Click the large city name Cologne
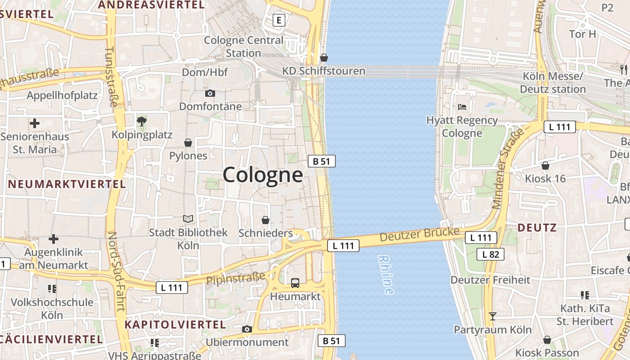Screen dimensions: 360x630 (x=263, y=175)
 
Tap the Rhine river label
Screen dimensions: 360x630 (x=386, y=275)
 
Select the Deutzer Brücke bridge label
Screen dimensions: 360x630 (x=419, y=234)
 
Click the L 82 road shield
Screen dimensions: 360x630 (x=490, y=254)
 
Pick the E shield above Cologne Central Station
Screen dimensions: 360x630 (x=279, y=20)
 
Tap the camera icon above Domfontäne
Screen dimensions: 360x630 (x=210, y=94)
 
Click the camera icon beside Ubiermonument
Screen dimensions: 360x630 (x=247, y=329)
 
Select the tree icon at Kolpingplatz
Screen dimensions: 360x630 (x=142, y=121)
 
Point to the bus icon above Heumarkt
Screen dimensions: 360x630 (x=295, y=283)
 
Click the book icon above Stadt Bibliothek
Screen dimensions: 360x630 (x=188, y=219)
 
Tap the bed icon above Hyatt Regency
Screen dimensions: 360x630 (x=462, y=107)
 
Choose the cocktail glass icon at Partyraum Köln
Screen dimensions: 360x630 (x=493, y=316)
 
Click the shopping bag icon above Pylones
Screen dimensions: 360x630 (x=188, y=143)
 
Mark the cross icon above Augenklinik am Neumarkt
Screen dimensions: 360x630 (x=54, y=238)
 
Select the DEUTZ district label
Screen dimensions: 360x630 (x=537, y=228)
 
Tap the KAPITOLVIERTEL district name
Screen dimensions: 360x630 (x=175, y=324)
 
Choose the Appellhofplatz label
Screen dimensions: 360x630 (x=62, y=95)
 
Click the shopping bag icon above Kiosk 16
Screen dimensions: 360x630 (x=545, y=166)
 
